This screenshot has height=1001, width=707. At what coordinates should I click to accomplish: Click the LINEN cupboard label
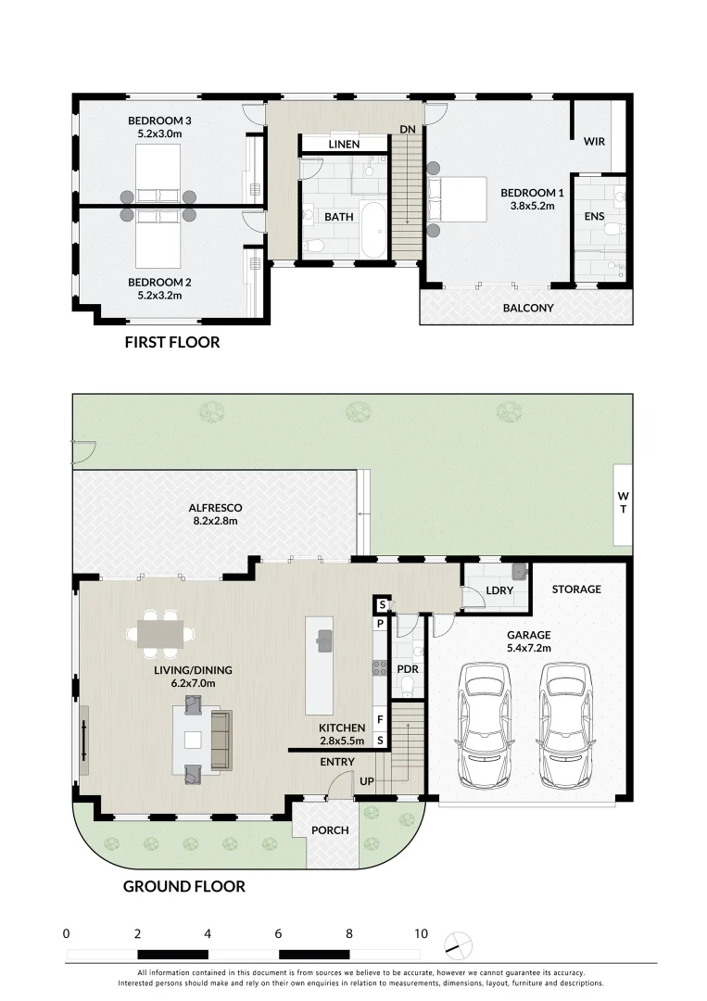coord(344,145)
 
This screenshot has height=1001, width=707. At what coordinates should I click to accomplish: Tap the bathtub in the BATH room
coord(372,229)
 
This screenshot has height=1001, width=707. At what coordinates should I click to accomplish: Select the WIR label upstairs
coord(594,141)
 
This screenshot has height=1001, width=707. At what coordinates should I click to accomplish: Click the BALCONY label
coord(528,308)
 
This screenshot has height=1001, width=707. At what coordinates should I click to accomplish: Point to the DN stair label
coord(408,129)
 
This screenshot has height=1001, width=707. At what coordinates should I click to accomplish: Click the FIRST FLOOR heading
coord(172,342)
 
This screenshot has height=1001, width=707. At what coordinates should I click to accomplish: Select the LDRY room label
coord(499,590)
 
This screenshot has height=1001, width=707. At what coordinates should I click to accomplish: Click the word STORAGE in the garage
coord(576,589)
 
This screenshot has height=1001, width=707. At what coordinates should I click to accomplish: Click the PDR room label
coord(408,669)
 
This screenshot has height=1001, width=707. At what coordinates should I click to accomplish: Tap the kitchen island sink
coord(324,640)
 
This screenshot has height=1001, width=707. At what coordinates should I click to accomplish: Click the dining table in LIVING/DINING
coord(160,634)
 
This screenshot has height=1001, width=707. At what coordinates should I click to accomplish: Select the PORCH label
coord(330,830)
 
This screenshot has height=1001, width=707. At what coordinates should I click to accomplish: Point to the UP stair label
coord(367,781)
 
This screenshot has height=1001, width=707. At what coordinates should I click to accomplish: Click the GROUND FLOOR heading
coord(183,887)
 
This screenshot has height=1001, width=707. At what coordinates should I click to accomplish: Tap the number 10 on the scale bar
coord(421,933)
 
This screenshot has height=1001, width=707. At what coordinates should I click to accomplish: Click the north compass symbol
coord(458,946)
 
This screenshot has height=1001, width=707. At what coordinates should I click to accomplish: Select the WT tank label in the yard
coord(623,502)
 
